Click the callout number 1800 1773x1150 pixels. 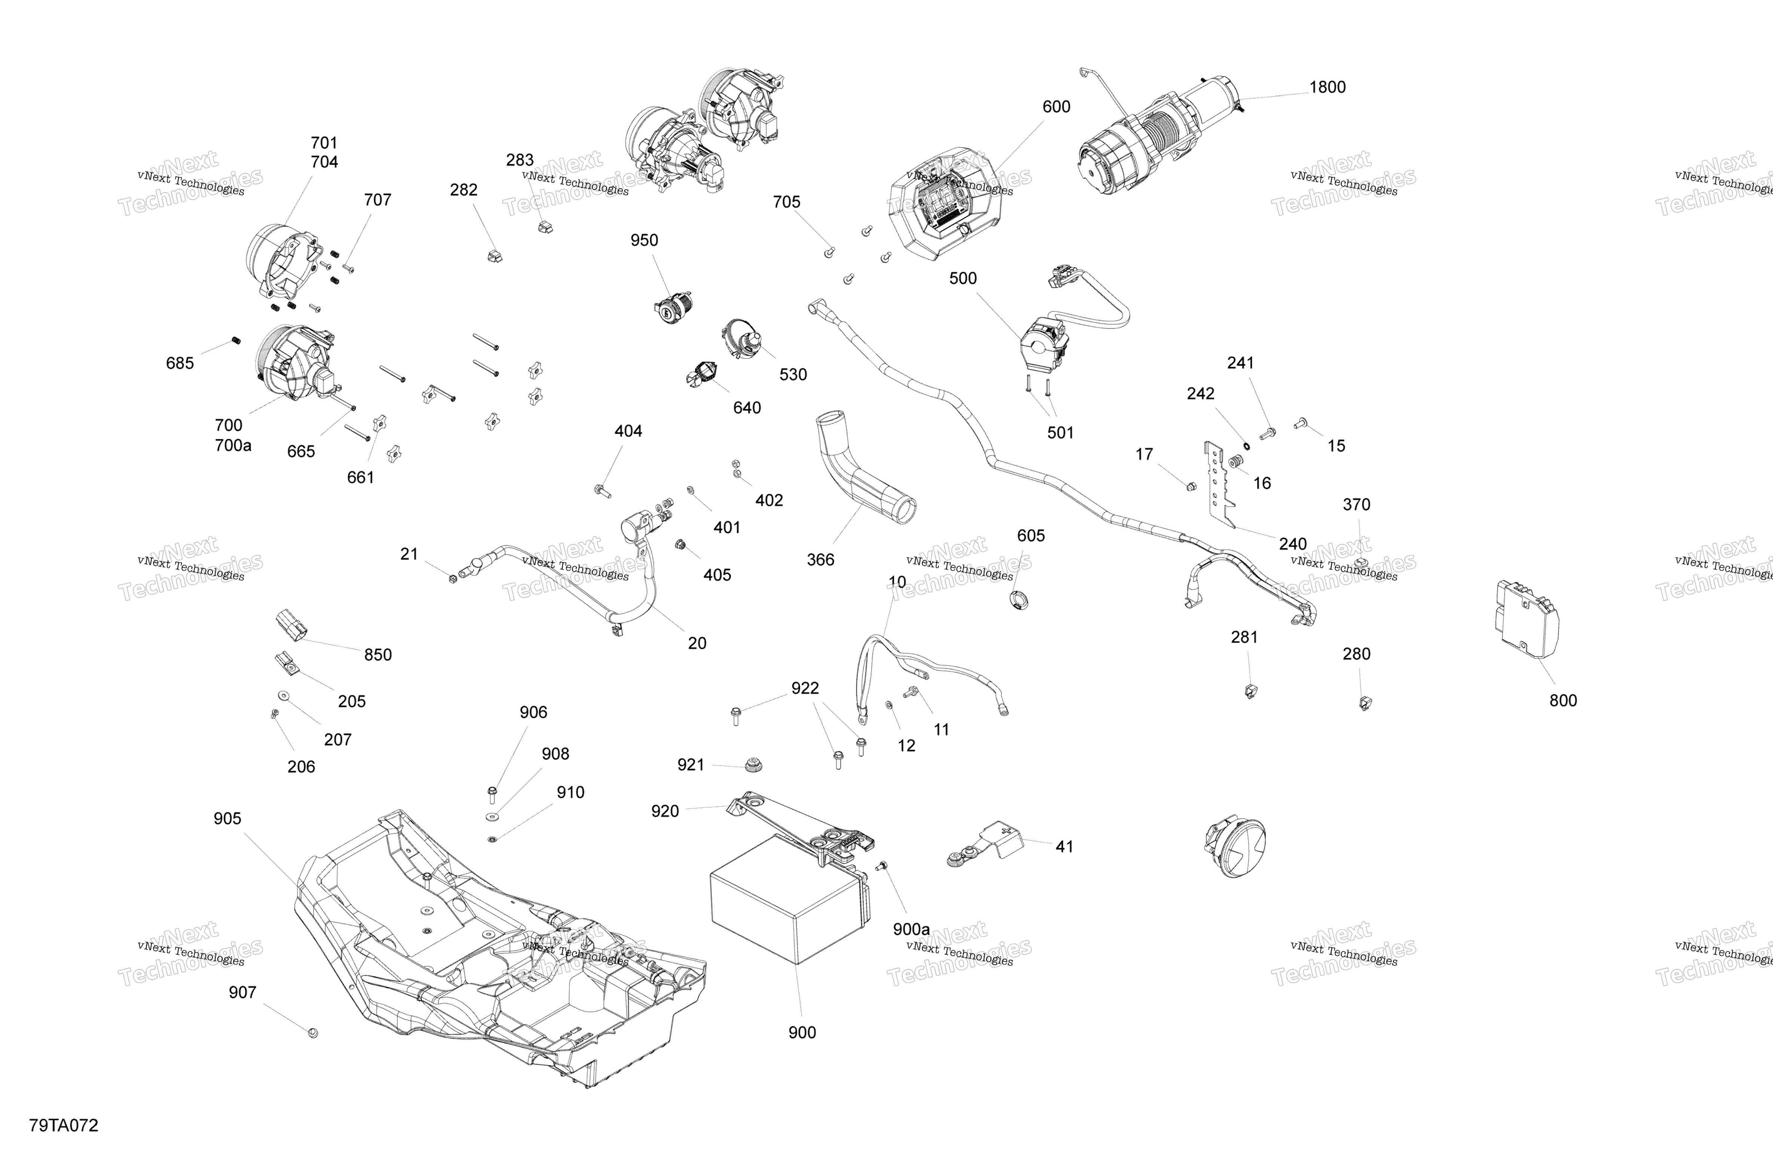(x=1327, y=87)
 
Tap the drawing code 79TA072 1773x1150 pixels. (x=64, y=1125)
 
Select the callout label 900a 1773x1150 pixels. (x=911, y=929)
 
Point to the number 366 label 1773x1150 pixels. (x=820, y=560)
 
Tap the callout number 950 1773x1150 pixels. (x=644, y=240)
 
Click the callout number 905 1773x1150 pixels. (x=227, y=818)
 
